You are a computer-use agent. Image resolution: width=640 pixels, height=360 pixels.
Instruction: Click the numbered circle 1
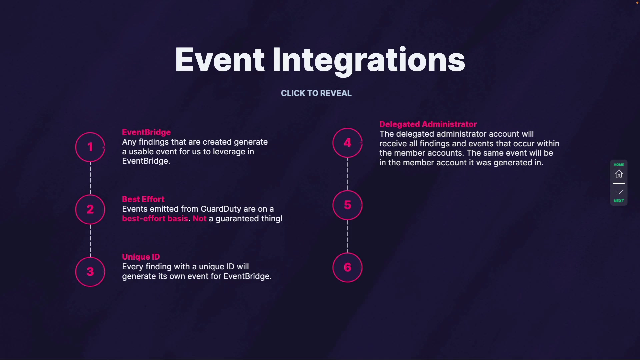90,147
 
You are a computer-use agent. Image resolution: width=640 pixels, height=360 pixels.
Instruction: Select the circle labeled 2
90,209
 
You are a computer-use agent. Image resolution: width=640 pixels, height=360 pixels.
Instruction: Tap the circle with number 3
90,272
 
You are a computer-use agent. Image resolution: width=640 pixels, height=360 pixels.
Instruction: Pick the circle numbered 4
347,143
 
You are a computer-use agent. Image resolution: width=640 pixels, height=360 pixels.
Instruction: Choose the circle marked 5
347,205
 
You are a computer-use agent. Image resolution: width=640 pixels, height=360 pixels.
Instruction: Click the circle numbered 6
347,267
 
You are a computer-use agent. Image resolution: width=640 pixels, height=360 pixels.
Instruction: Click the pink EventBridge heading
146,132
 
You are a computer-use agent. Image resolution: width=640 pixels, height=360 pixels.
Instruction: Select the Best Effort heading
143,199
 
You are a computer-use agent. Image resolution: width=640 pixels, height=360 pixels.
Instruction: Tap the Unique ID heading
141,257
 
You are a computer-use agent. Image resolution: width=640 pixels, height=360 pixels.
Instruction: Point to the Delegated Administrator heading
428,124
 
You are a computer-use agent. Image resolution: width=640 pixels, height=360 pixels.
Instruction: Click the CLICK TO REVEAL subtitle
316,93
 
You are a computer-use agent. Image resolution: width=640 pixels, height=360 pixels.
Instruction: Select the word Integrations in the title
368,60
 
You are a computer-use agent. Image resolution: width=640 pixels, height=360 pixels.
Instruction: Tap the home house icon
619,174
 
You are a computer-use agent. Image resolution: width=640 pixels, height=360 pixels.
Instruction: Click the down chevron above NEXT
619,192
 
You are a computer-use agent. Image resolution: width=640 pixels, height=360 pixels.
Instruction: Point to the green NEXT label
619,201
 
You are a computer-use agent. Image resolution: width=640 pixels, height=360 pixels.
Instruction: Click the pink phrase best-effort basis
155,219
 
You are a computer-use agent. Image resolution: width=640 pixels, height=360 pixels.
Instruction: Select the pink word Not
199,219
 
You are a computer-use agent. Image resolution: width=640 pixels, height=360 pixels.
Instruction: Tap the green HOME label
619,165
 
